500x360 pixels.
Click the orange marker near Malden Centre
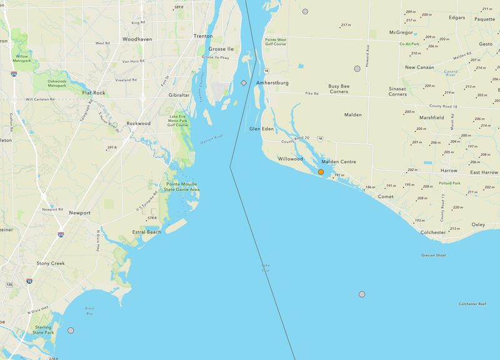click(321, 172)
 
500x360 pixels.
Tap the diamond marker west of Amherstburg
click(244, 82)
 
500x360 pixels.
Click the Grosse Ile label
click(221, 48)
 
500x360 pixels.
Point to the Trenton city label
click(203, 36)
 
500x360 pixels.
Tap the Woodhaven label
click(137, 39)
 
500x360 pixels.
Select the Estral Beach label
click(146, 232)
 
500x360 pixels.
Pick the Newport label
click(79, 212)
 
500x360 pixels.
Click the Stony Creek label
click(51, 263)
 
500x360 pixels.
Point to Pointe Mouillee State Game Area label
click(182, 187)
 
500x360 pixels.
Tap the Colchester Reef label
click(472, 304)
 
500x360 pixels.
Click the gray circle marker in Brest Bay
click(71, 330)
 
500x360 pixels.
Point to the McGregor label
click(401, 32)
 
